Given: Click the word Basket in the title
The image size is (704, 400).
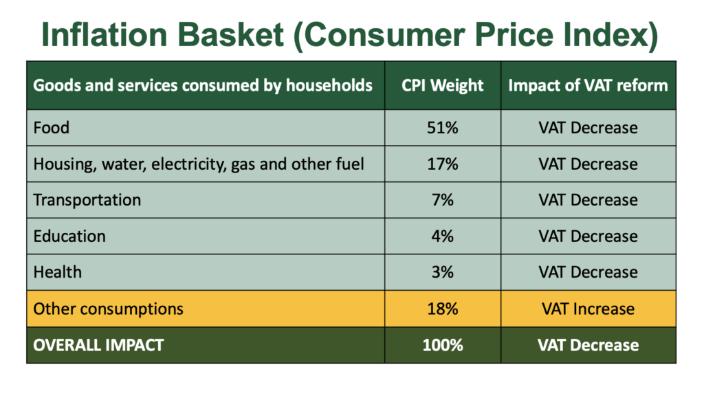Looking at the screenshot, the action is coord(230,35).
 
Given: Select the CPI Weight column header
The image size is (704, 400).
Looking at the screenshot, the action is coord(442,85).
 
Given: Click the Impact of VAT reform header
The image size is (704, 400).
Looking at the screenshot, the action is coord(588,85).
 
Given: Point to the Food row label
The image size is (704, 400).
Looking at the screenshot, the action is coord(51,128).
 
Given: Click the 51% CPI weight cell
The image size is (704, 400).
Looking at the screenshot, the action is coord(442,128).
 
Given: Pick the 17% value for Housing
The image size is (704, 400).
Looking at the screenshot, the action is coord(442,164).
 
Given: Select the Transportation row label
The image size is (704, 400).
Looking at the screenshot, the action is coord(87,200).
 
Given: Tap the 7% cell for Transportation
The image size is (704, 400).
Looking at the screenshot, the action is coord(442,200).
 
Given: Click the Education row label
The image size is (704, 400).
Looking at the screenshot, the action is coord(69,236).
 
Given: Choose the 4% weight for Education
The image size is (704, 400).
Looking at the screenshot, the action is coord(442,236).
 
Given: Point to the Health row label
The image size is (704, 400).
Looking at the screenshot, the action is coord(58,272).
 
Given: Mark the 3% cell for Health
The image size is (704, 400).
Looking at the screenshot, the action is coord(442,272).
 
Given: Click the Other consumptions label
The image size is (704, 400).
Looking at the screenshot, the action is coord(108,309).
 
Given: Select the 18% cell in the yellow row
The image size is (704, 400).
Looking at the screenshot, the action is coord(442,309).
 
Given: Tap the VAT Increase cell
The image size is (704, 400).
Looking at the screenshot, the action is coord(588,309).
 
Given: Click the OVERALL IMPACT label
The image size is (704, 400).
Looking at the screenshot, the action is coord(98,345).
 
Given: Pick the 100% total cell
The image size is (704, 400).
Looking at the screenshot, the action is coord(442,345).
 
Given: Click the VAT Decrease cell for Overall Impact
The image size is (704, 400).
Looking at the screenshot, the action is coord(588,345).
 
